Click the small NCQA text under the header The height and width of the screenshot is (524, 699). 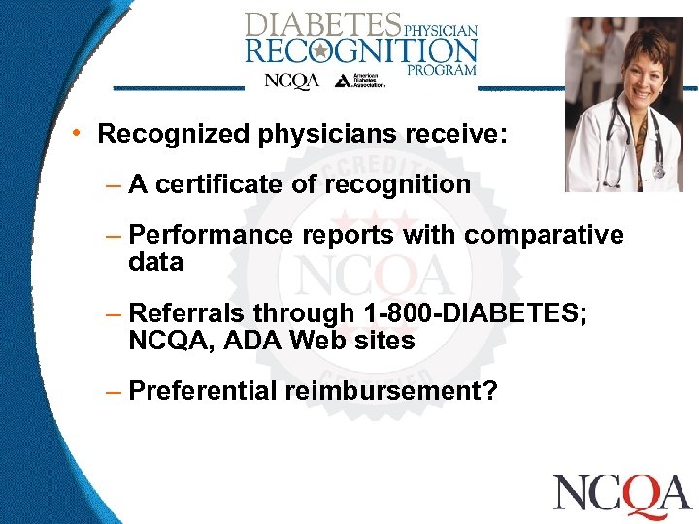(x=292, y=82)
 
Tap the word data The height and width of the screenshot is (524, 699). (x=155, y=262)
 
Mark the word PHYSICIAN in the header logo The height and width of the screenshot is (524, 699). (x=441, y=30)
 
